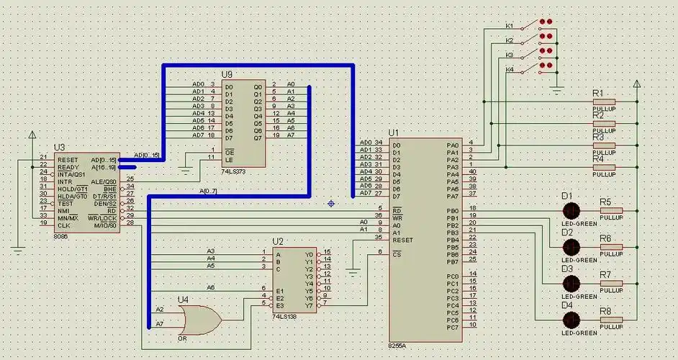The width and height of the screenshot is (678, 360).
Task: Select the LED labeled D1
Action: pyautogui.click(x=571, y=211)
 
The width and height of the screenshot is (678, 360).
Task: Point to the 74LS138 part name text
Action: pyautogui.click(x=286, y=316)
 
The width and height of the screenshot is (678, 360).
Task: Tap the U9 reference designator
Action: pyautogui.click(x=227, y=74)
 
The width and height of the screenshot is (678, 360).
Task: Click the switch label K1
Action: pyautogui.click(x=510, y=26)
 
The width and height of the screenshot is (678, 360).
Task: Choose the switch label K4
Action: pyautogui.click(x=510, y=70)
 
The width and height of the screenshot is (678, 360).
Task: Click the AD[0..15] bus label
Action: pyautogui.click(x=147, y=155)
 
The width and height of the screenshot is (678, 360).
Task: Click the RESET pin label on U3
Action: pyautogui.click(x=68, y=159)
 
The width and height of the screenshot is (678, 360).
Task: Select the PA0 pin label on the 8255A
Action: pyautogui.click(x=452, y=144)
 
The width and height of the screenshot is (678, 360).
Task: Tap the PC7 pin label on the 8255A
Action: pyautogui.click(x=452, y=328)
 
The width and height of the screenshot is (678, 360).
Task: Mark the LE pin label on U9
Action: pyautogui.click(x=229, y=159)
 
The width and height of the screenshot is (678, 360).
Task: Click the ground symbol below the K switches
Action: pyautogui.click(x=556, y=89)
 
